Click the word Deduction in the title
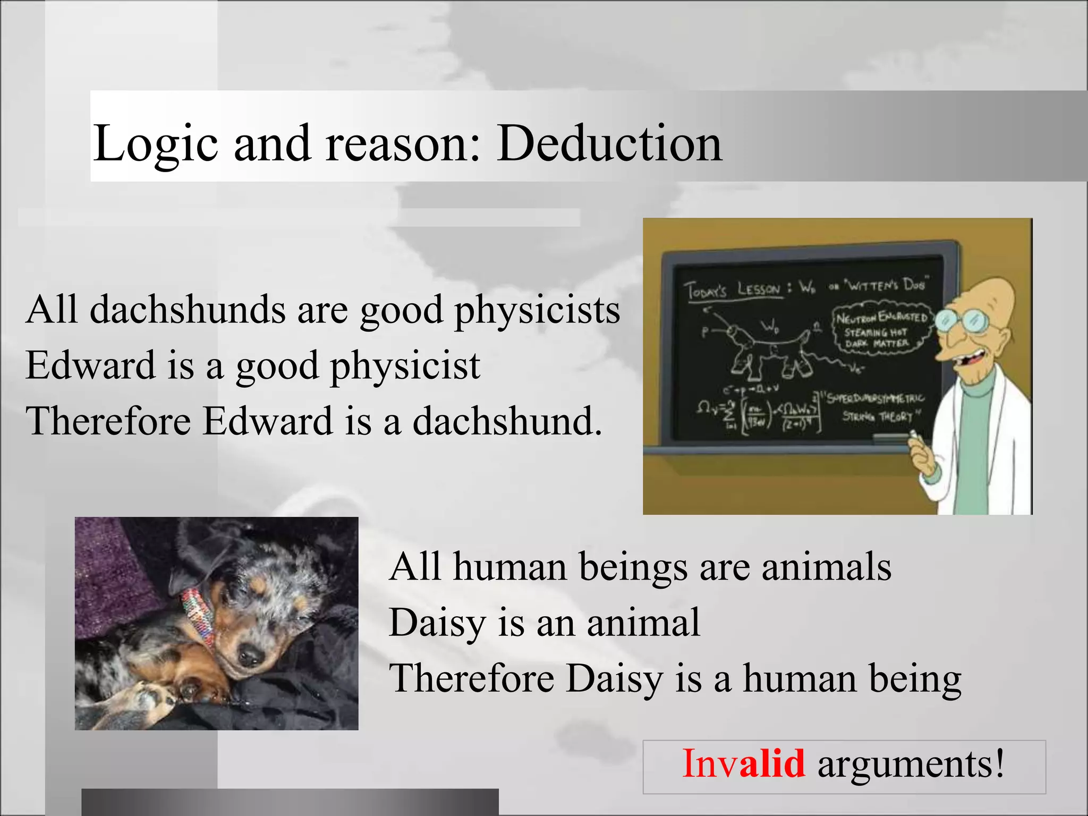click(x=609, y=143)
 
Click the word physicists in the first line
click(x=537, y=311)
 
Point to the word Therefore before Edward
click(x=108, y=421)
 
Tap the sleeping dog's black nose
click(x=249, y=657)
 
